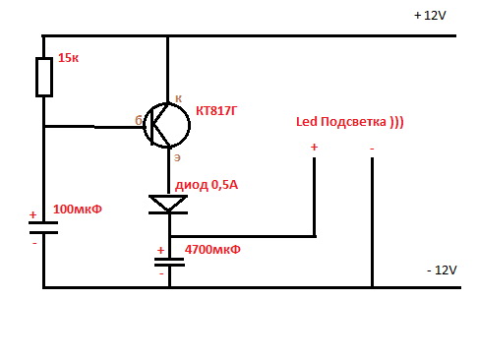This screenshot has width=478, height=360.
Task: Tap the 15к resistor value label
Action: (68, 58)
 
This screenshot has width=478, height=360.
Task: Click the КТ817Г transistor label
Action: (215, 111)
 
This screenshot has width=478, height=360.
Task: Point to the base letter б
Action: (139, 120)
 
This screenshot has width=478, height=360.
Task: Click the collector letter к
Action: (178, 98)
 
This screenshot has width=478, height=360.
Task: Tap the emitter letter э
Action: (177, 157)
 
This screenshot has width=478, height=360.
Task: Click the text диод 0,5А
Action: (207, 185)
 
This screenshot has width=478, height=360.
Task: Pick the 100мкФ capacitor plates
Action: (43, 227)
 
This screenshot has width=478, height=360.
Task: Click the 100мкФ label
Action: (78, 210)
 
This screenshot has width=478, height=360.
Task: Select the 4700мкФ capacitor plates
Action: (169, 262)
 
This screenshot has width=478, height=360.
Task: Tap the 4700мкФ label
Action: (212, 250)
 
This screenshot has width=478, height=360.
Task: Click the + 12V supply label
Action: (430, 16)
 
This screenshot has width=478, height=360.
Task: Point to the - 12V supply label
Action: (442, 270)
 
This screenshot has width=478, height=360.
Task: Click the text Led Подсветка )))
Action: (350, 122)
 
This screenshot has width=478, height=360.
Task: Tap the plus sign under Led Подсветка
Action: (314, 147)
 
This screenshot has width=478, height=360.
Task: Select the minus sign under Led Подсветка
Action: (372, 149)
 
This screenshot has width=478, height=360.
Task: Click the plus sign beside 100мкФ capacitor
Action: (32, 214)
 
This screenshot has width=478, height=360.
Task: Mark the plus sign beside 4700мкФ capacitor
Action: (160, 250)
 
